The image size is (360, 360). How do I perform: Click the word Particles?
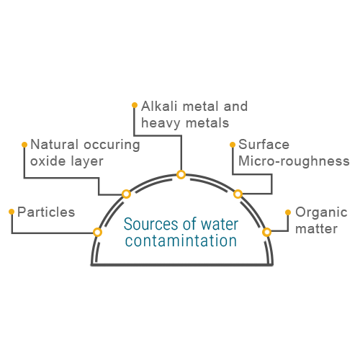(x=46, y=212)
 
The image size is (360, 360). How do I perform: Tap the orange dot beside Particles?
(x=12, y=212)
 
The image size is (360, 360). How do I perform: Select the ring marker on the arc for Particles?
(x=97, y=233)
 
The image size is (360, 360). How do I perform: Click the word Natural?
(x=55, y=145)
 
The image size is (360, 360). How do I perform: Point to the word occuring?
(x=112, y=145)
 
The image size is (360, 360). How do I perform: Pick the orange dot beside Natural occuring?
(x=24, y=145)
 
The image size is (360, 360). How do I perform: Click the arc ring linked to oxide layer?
(x=126, y=194)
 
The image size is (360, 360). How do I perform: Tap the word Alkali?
(x=159, y=107)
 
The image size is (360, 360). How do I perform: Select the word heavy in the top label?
(x=161, y=124)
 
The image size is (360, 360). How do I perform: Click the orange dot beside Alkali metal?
(x=135, y=105)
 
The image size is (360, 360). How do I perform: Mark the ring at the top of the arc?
(x=181, y=174)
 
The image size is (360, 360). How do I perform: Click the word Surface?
(x=264, y=145)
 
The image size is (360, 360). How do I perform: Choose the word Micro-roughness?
(x=294, y=161)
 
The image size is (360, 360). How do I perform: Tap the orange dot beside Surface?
(x=233, y=145)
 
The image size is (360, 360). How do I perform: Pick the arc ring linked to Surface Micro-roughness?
(x=238, y=194)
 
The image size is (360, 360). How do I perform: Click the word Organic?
(x=321, y=213)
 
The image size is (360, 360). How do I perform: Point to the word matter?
(x=316, y=229)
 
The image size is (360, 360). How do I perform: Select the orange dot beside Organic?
(x=288, y=212)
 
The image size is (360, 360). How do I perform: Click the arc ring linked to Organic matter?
(x=266, y=233)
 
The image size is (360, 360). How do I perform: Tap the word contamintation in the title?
(x=181, y=240)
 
